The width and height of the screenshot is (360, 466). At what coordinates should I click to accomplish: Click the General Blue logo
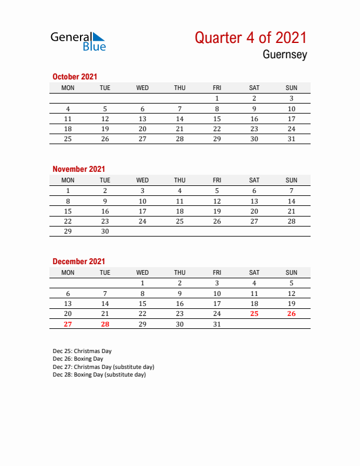(78, 41)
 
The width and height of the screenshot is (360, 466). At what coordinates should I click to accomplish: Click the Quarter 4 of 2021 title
(251, 38)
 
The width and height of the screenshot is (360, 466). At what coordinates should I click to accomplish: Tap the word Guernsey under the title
(285, 55)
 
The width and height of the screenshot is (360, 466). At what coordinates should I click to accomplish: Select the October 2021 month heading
(75, 76)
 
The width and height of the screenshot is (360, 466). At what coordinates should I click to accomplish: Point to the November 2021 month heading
(79, 169)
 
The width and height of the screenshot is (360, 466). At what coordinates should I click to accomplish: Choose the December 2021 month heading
(79, 261)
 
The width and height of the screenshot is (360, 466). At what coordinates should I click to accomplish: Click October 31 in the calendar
(291, 139)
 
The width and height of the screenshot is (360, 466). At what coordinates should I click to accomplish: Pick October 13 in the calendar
(142, 119)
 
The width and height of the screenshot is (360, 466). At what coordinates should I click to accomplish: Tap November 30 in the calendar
(105, 231)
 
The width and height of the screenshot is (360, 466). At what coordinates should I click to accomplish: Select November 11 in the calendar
(180, 201)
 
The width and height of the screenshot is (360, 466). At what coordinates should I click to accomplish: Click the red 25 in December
(254, 314)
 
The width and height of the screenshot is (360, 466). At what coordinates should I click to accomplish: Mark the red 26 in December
(291, 314)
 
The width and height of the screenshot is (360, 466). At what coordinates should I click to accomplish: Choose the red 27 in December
(68, 324)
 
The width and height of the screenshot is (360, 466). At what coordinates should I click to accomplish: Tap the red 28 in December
(105, 324)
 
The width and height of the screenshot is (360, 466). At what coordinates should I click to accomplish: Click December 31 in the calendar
(217, 324)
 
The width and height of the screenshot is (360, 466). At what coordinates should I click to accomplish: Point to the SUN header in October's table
(291, 88)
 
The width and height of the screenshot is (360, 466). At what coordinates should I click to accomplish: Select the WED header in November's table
(142, 180)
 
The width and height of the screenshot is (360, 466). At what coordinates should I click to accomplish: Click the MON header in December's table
(68, 272)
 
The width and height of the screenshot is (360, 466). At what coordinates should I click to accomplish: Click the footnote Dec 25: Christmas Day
(78, 351)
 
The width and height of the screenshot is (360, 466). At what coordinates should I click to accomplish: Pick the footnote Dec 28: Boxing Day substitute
(99, 374)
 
